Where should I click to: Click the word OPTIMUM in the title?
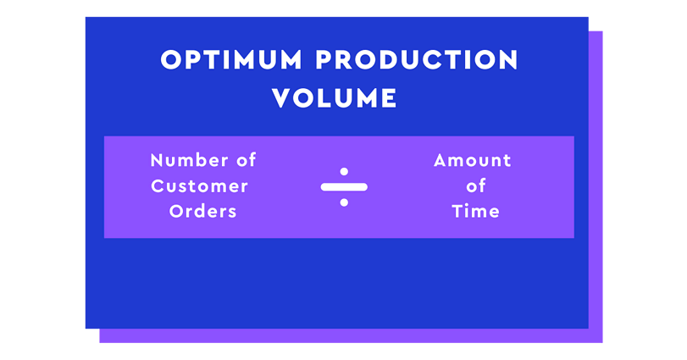coord(231,59)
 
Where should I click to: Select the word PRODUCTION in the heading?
coord(417,59)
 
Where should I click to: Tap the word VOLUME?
coord(335,97)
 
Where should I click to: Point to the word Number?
coord(189,160)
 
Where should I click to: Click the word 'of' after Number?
coord(247,160)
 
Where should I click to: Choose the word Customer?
coord(199,186)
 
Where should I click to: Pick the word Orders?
coord(202,212)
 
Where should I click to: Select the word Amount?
coord(473,161)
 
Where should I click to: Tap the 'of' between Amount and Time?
coord(476,186)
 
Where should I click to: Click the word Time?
coord(476,212)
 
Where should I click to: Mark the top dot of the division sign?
coord(344,172)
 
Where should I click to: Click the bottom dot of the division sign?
coord(344,202)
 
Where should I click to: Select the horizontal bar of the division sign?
coord(344,187)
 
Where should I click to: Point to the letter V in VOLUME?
coord(282,98)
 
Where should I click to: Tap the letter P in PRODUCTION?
coord(324,59)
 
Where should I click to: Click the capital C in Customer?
coord(158,186)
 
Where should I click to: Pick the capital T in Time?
coord(457,212)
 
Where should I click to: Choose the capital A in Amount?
coord(441,161)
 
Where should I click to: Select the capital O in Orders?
coord(176,212)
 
